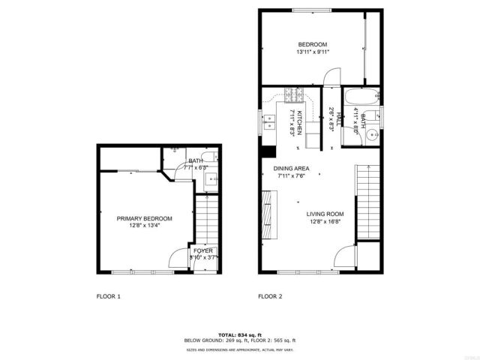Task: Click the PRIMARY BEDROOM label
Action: pos(144,218)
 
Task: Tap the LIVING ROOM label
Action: pos(325,213)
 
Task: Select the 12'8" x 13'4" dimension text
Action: pos(144,226)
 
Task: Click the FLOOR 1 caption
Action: pos(109,296)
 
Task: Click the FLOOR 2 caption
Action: pos(270,296)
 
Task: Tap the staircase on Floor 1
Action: pos(204,217)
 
